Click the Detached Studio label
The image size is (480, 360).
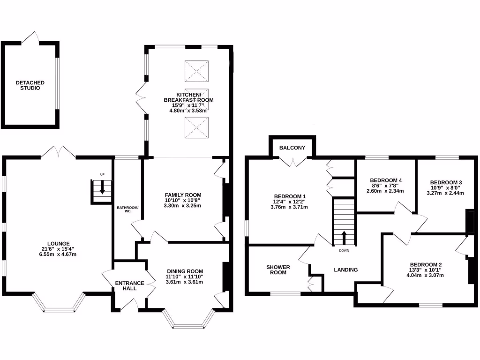pos(30,85)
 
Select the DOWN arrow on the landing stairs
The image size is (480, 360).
pos(345,237)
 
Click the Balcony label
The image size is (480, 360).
pos(292,148)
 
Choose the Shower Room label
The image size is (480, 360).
pos(278,270)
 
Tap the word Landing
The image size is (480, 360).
pos(345,270)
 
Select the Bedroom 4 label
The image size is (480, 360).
pos(386,180)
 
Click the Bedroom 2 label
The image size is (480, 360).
pos(426,264)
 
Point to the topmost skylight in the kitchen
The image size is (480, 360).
pos(197,71)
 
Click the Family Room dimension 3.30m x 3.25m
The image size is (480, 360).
pos(183,206)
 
